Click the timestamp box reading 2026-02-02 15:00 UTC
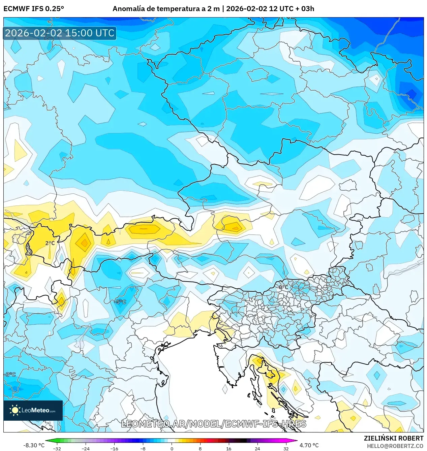tap(60, 33)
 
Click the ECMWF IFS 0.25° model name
tap(34, 9)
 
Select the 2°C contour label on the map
tap(50, 243)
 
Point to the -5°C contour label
tap(120, 302)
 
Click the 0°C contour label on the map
tap(283, 287)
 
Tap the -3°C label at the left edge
tap(10, 374)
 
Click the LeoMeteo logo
tap(33, 410)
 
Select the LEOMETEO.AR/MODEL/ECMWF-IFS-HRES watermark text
tap(214, 424)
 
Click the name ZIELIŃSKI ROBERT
tap(393, 438)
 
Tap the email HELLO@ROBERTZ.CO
tap(395, 446)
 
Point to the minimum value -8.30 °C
tap(34, 445)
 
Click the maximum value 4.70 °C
tap(309, 445)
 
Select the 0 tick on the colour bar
tap(172, 449)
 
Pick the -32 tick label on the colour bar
tap(57, 449)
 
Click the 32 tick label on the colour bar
tap(286, 449)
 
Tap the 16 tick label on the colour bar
tap(229, 449)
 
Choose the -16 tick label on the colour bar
tap(114, 449)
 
